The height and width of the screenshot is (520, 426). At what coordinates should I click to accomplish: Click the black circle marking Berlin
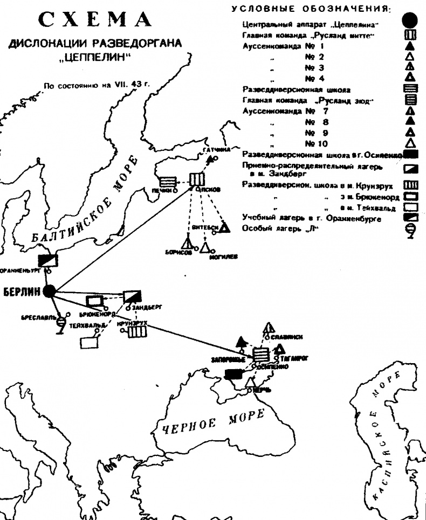coord(50,291)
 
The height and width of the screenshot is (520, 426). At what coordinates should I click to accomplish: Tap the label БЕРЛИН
coord(22,292)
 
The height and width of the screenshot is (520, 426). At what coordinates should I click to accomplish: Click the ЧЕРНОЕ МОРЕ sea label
coord(212,420)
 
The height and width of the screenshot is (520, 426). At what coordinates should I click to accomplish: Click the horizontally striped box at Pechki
coord(167,182)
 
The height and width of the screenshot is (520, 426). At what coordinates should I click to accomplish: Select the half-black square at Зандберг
coord(131,297)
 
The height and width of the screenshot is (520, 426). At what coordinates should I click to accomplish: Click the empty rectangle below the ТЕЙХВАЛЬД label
coord(89,342)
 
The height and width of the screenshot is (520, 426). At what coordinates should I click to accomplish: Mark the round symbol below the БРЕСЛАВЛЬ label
coord(61,322)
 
